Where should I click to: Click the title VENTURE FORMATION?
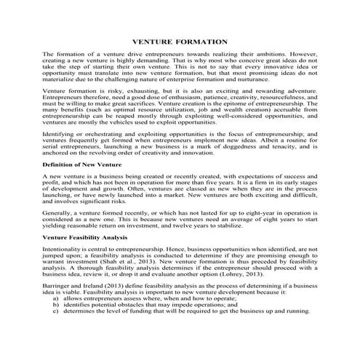(x=179, y=42)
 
